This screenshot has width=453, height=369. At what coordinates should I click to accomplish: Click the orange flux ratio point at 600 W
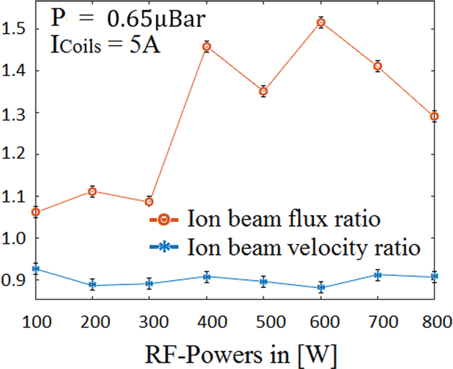point(321,23)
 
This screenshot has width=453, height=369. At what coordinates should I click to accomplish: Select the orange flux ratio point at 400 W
point(207,47)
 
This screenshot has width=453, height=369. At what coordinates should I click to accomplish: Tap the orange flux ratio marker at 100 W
point(36,212)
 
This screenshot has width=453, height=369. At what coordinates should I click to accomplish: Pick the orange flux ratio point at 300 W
point(149,202)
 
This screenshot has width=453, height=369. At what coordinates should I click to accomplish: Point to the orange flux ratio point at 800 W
point(434,116)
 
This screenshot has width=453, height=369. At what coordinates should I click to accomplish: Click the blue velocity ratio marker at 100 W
point(36,269)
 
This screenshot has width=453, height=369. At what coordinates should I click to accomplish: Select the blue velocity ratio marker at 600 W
point(321,288)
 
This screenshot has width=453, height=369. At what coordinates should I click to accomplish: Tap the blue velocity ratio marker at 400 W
point(207,277)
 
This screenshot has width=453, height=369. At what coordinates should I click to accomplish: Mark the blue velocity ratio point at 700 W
point(378,275)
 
